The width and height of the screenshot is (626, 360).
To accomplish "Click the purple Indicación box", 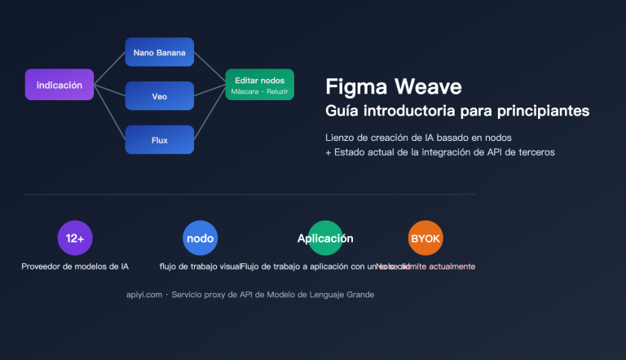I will click(60, 85).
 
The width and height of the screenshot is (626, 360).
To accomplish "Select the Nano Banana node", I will click(159, 52).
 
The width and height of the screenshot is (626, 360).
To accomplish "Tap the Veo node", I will click(159, 95).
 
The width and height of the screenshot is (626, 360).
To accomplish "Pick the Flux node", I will click(159, 139).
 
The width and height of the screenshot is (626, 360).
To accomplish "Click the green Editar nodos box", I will click(259, 85).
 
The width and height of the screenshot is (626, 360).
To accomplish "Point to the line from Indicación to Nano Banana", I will click(109, 68).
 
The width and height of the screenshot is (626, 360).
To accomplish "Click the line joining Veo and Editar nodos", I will click(209, 91).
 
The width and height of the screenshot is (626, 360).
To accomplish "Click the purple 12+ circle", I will click(75, 239).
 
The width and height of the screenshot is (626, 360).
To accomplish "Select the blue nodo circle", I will click(200, 239).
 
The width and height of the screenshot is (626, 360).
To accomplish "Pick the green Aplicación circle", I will click(325, 239).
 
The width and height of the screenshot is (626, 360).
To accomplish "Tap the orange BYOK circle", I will click(425, 239).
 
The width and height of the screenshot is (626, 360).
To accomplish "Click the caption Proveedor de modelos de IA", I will click(75, 266).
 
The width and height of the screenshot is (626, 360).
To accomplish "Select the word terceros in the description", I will click(535, 152).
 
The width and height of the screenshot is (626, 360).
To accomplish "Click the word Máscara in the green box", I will click(245, 91).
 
